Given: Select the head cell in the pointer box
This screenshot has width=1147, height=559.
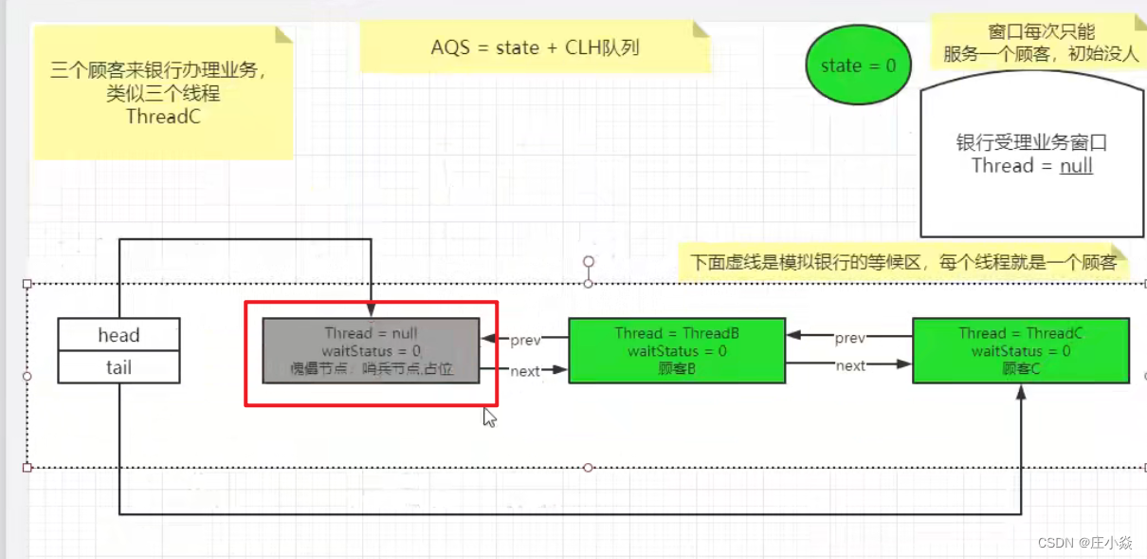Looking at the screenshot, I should [x=118, y=335].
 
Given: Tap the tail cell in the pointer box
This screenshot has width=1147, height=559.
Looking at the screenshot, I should [x=118, y=367].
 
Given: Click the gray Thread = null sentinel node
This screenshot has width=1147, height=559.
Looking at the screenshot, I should [x=371, y=351].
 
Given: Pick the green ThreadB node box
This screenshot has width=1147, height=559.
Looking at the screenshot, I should [x=677, y=351].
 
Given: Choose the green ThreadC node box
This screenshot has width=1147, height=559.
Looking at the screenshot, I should [x=1021, y=351].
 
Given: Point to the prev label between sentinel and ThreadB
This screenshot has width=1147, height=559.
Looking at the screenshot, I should [x=525, y=340].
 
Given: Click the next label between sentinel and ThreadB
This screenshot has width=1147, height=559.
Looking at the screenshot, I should [x=525, y=371].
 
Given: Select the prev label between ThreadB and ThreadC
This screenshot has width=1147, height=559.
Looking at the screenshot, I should [x=850, y=337].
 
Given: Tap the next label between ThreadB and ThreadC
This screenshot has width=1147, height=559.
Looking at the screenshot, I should [x=850, y=365].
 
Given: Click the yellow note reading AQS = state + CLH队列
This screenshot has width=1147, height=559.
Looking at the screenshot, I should [x=535, y=47].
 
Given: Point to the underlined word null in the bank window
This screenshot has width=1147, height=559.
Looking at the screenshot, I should [x=1076, y=166].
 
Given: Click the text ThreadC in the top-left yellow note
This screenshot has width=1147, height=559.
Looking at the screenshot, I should [x=163, y=117].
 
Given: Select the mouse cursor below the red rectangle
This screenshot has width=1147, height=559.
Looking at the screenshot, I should [x=489, y=417].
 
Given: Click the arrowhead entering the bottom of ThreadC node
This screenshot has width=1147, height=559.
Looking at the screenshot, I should [x=1021, y=391].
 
